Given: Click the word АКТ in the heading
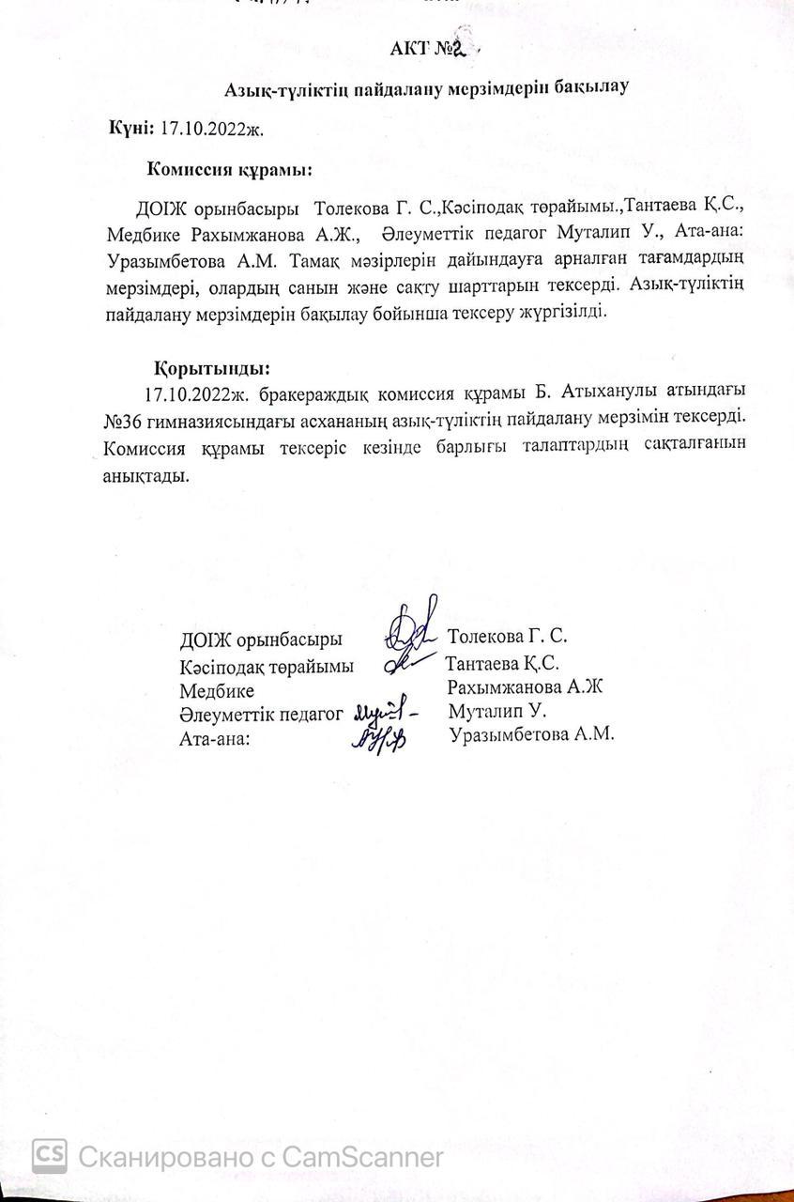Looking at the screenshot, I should tap(408, 49).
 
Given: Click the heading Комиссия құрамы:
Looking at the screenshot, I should tap(230, 170).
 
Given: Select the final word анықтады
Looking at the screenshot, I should tap(147, 474).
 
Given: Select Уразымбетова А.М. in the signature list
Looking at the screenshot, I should tap(531, 735).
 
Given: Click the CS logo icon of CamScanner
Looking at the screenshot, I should tap(49, 1154).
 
